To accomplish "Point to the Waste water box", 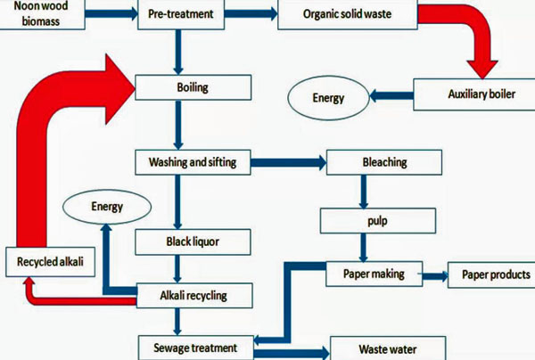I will point(387,348).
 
